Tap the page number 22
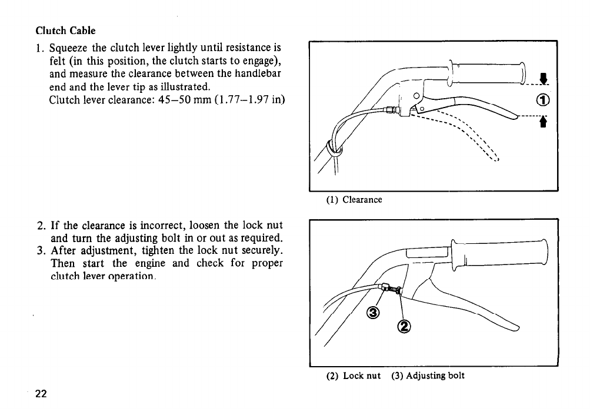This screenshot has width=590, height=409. point(41,393)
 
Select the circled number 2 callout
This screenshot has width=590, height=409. point(404,326)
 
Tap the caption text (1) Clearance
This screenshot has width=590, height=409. point(354,200)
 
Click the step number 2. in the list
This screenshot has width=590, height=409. point(40,225)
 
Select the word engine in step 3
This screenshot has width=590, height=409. point(154,263)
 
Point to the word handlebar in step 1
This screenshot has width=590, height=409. point(259,72)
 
